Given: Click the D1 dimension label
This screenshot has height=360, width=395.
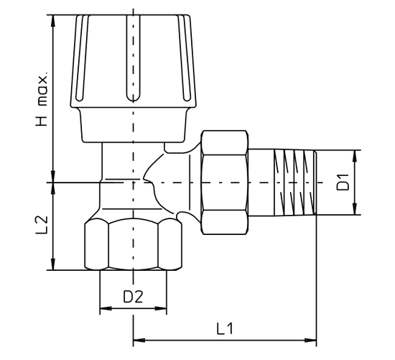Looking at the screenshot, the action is (x=343, y=183).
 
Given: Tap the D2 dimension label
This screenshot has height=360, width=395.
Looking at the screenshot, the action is (x=133, y=297).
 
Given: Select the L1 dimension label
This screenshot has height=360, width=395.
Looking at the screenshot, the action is (x=225, y=328).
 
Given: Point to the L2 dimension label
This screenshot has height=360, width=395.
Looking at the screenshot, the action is (x=42, y=225).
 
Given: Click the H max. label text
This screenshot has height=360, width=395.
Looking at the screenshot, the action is (x=42, y=100).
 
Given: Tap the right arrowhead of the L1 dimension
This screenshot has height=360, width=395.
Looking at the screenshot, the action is (x=310, y=341).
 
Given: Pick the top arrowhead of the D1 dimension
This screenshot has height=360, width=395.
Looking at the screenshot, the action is (x=355, y=157).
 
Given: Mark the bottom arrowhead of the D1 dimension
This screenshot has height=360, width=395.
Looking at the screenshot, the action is (x=355, y=208).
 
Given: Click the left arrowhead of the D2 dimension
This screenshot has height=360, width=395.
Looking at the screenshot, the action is (x=106, y=308).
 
